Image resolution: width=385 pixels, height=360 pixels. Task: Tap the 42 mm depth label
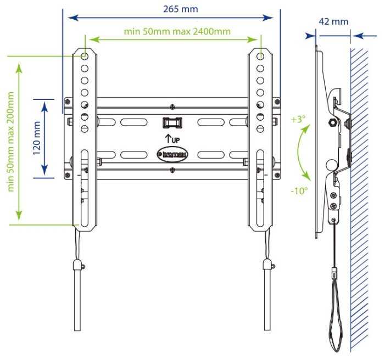click(333, 22)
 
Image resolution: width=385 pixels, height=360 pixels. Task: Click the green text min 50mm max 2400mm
click(177, 31)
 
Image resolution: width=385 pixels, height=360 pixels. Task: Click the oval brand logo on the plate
click(173, 155)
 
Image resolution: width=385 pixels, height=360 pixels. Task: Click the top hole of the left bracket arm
click(85, 56)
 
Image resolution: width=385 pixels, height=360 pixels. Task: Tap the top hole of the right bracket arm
click(261, 56)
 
